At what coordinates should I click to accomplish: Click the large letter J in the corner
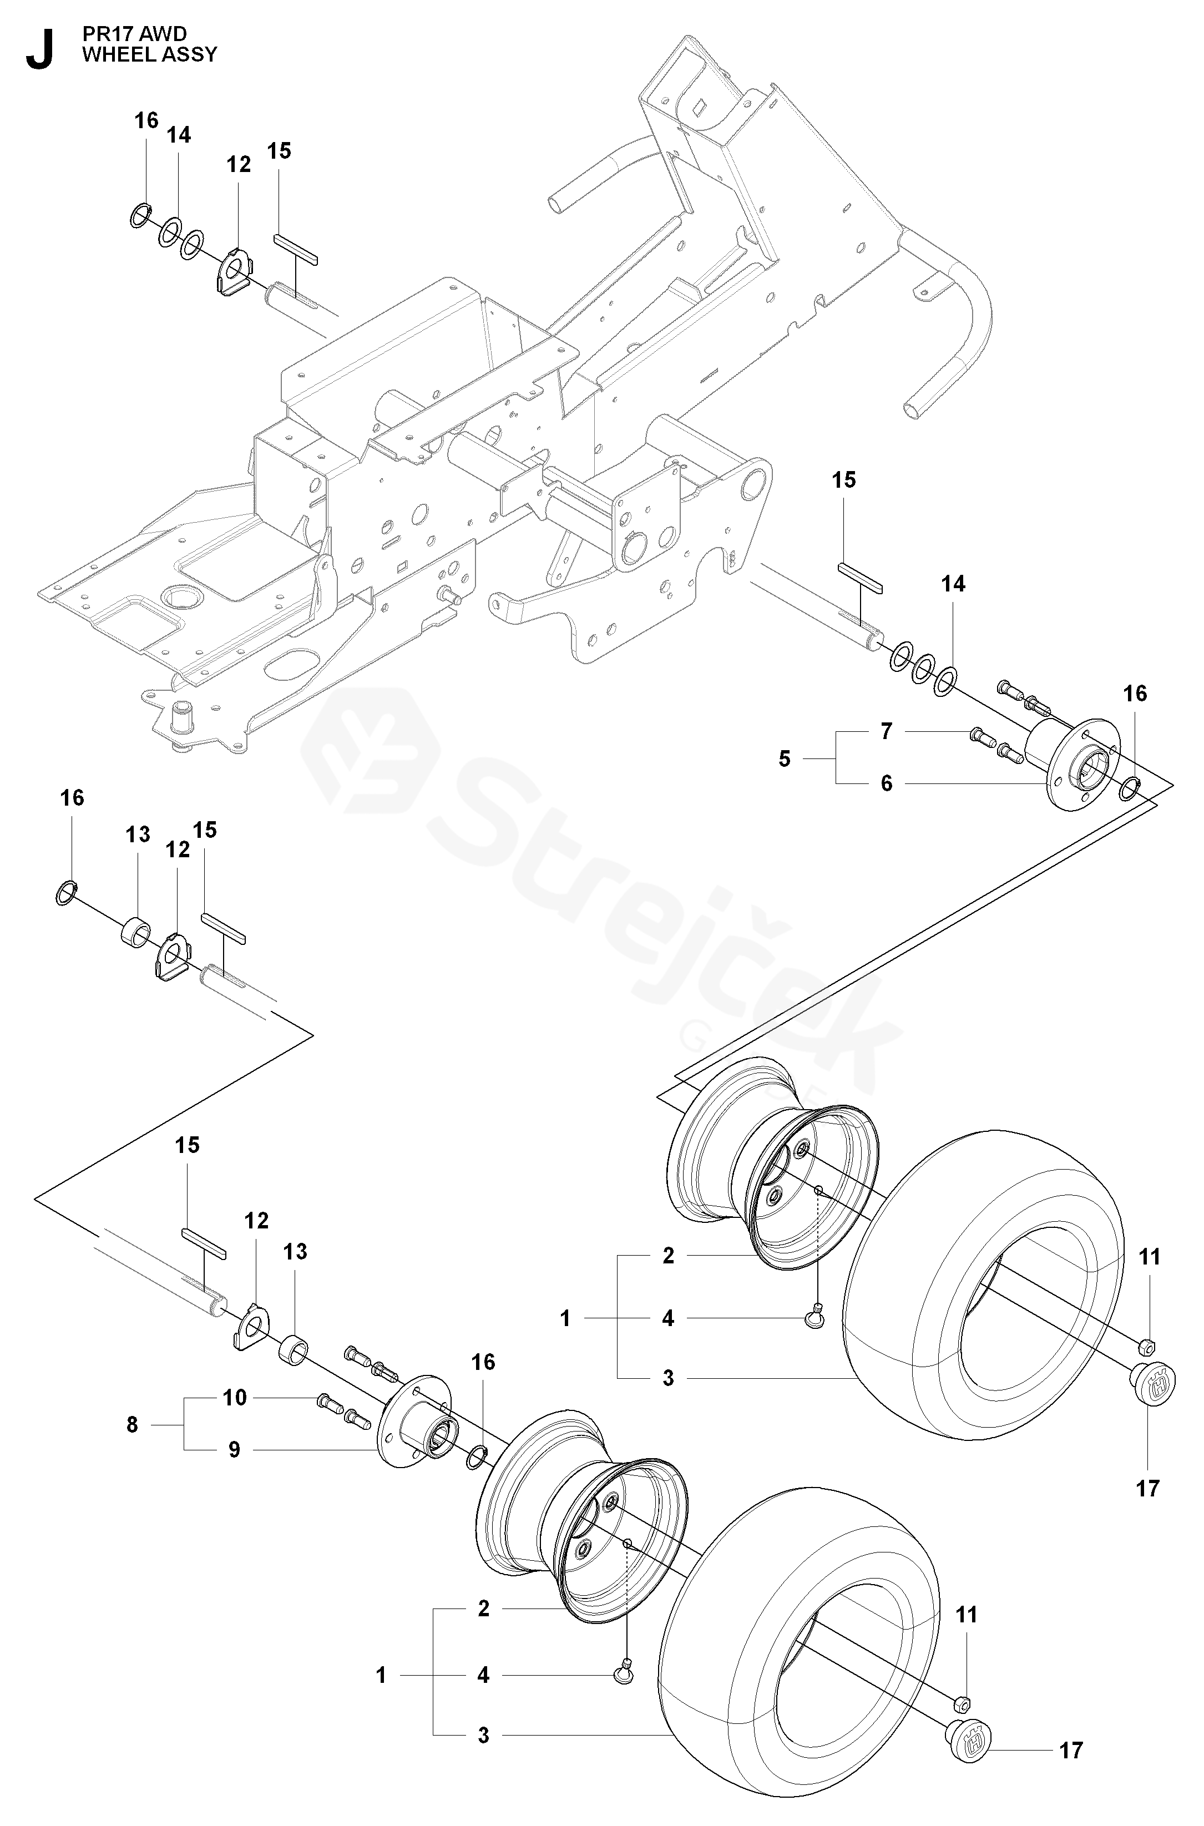[40, 50]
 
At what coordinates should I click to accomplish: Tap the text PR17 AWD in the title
[134, 34]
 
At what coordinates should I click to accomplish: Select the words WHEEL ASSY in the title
[150, 54]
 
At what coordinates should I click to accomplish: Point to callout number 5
[784, 758]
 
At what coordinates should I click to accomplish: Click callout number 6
[887, 783]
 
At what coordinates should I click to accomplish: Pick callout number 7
[887, 732]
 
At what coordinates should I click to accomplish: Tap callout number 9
[234, 1450]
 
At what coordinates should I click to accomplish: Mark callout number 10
[235, 1398]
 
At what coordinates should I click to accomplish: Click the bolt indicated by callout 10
[330, 1402]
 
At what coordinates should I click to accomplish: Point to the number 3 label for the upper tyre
[668, 1378]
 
